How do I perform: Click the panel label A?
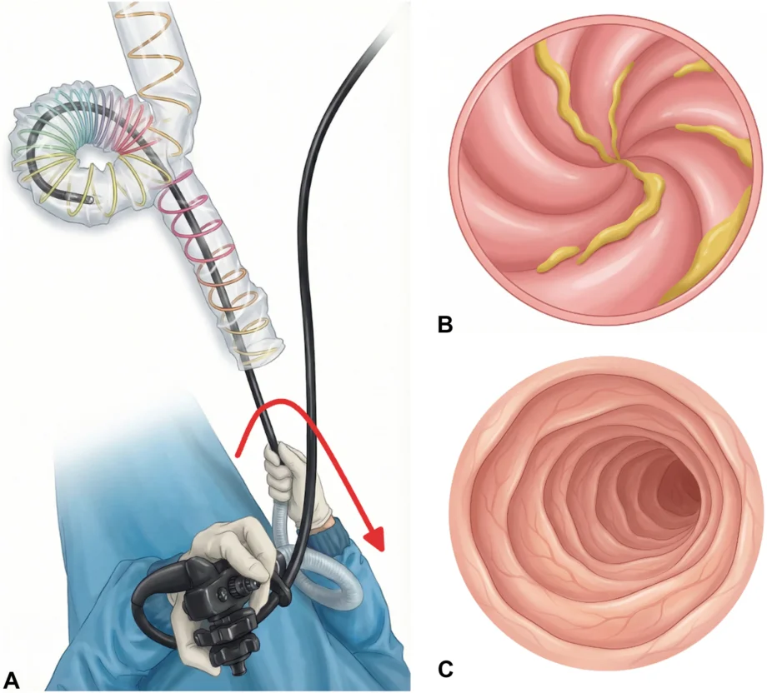click(12, 681)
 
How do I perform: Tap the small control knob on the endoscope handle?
click(241, 584)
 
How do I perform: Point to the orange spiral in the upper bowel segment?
click(162, 54)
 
